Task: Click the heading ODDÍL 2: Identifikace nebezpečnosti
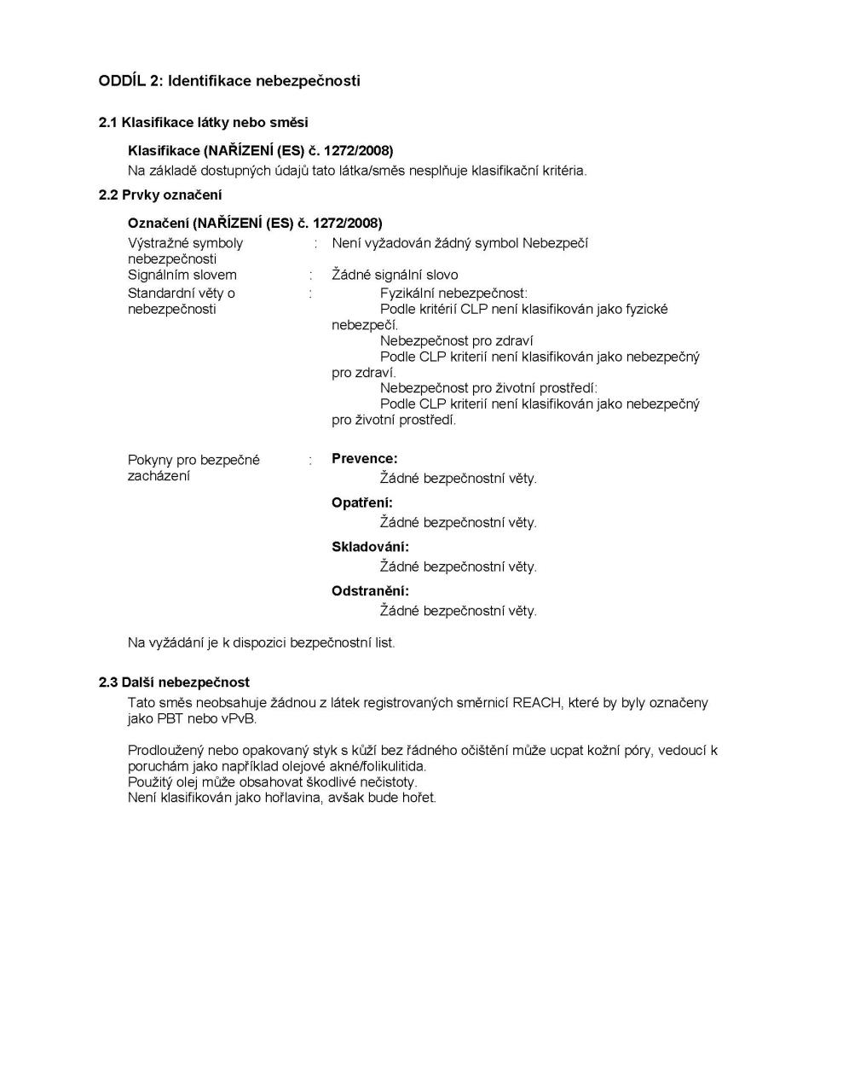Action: point(229,81)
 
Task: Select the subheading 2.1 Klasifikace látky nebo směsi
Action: point(203,123)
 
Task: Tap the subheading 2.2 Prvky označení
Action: point(160,195)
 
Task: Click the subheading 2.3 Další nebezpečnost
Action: point(174,682)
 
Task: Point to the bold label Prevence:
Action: point(364,459)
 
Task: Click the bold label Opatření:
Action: point(362,503)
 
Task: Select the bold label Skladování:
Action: point(370,547)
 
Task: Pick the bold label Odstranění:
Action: point(370,591)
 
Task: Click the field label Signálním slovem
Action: point(182,275)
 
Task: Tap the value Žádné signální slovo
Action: point(395,275)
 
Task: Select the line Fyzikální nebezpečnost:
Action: point(453,293)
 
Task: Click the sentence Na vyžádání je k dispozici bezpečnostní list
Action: point(261,642)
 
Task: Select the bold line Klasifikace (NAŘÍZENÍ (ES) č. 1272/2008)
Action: point(260,151)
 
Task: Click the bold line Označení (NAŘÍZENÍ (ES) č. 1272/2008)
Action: point(255,224)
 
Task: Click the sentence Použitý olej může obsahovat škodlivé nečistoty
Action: point(272,781)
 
